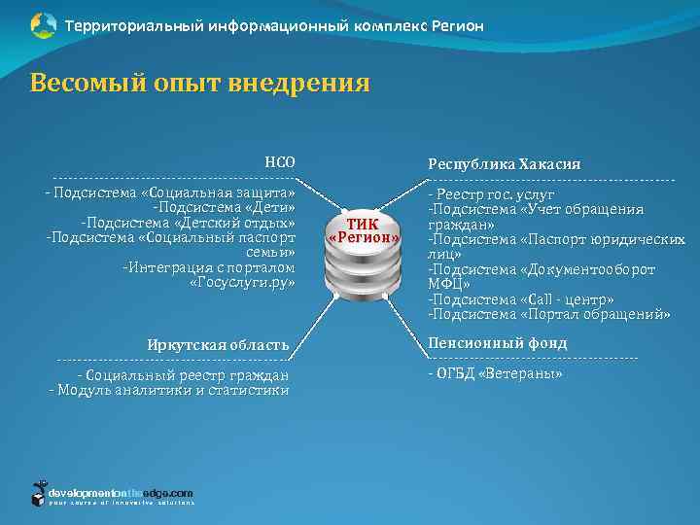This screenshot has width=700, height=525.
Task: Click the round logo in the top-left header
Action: [x=43, y=25]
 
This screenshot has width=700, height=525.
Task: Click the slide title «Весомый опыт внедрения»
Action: [x=199, y=84]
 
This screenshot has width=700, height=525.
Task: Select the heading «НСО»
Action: [x=280, y=162]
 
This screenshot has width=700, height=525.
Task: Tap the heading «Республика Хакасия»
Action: [x=504, y=164]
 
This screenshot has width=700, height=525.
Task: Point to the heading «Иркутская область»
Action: [x=218, y=344]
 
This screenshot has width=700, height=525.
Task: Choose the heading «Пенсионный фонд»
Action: [x=497, y=343]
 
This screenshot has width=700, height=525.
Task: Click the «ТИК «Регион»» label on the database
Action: [x=364, y=229]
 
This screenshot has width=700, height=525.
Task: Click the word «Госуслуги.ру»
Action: [x=242, y=282]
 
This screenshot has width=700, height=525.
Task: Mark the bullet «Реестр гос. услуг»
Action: [x=492, y=194]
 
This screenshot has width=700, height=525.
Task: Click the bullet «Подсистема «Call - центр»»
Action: [x=521, y=299]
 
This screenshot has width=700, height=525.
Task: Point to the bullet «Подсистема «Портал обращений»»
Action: [x=549, y=314]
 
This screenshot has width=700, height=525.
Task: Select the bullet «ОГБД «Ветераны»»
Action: [x=495, y=373]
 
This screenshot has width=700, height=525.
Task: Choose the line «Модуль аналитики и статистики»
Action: [x=169, y=390]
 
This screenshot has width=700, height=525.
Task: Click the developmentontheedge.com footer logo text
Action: [x=121, y=493]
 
